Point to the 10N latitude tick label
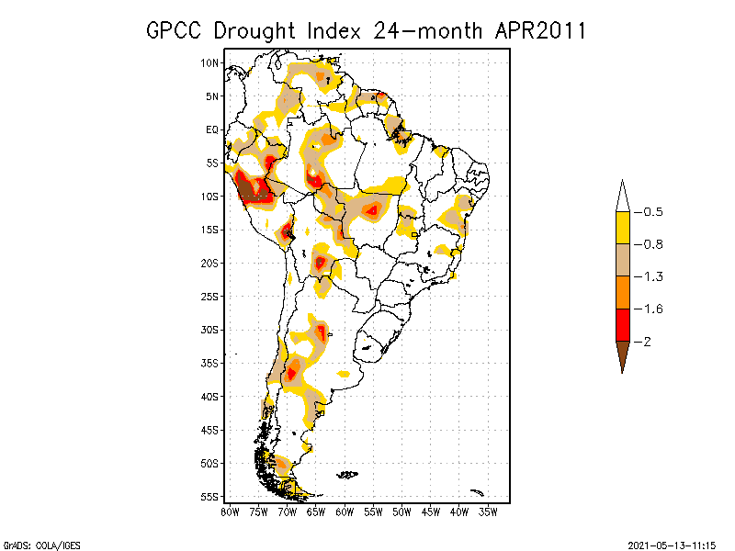pyautogui.click(x=209, y=62)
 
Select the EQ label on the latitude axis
pyautogui.click(x=212, y=129)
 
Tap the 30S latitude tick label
pyautogui.click(x=209, y=330)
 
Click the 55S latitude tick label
pyautogui.click(x=209, y=497)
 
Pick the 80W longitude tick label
pyautogui.click(x=230, y=512)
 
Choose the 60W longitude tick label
pyautogui.click(x=345, y=512)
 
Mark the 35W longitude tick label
pyautogui.click(x=489, y=512)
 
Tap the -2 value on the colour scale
pyautogui.click(x=647, y=342)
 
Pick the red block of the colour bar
pyautogui.click(x=622, y=324)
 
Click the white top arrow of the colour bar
pyautogui.click(x=622, y=196)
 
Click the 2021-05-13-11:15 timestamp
pyautogui.click(x=672, y=544)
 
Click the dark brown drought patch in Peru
pyautogui.click(x=248, y=189)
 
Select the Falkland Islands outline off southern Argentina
pyautogui.click(x=347, y=475)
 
